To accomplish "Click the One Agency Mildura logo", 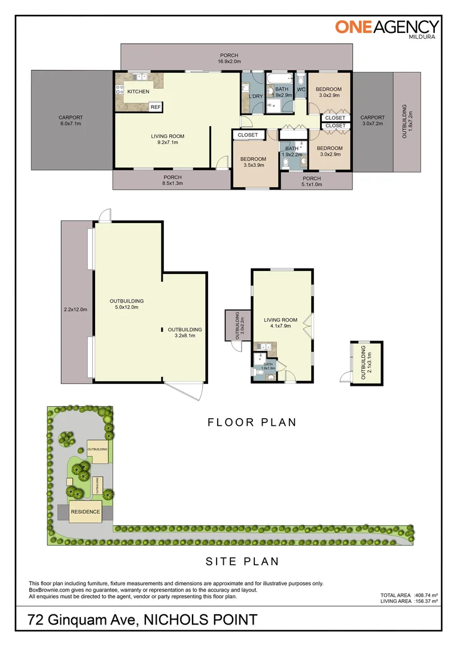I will coord(386,28).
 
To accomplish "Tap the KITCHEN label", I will coord(138,92).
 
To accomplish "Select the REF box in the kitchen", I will coord(156,107).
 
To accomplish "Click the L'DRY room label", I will coord(256,96).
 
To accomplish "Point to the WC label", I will coord(301,90).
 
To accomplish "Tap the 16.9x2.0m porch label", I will coord(229,61).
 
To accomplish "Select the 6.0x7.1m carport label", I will coord(71,124).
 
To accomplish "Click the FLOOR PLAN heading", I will coord(252,422).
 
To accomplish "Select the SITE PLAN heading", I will coord(242,562).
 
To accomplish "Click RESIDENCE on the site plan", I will coord(86,513).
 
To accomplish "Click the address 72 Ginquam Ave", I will coord(84,620).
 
